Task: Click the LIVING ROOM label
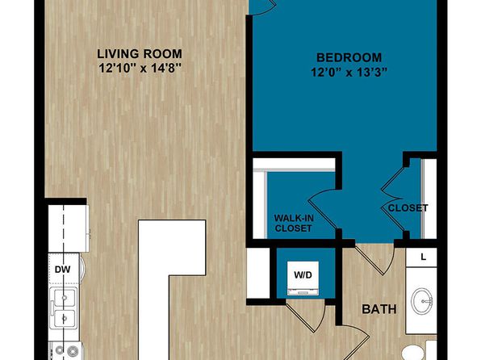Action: (x=140, y=54)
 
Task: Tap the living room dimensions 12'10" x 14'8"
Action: (x=140, y=68)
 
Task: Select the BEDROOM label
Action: (x=349, y=57)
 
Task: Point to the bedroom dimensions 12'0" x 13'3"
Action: (x=349, y=73)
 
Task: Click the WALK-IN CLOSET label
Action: (x=294, y=223)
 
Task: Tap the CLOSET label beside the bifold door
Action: (x=408, y=208)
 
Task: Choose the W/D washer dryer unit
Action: (x=303, y=278)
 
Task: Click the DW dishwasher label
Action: (x=63, y=270)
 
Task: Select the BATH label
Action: (x=379, y=309)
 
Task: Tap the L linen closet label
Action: (x=424, y=257)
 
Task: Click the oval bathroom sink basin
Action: (x=422, y=300)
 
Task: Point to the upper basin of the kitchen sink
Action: (x=65, y=298)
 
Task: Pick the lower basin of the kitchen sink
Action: (x=65, y=319)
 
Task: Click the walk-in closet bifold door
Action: (x=323, y=209)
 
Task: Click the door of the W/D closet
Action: (x=307, y=318)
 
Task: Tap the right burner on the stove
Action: (x=73, y=350)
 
